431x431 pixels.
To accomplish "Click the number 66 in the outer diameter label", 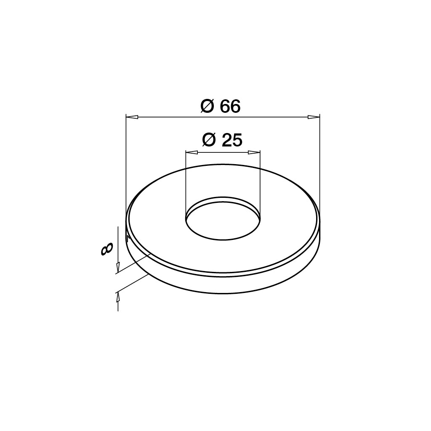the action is tap(230, 106).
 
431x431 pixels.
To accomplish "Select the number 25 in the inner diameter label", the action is tap(232, 140).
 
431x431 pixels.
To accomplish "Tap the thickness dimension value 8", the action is tap(106, 250).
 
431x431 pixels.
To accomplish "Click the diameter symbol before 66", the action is tap(207, 106).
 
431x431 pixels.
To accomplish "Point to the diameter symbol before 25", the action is tap(209, 140).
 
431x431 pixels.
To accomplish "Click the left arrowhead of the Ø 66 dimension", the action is tap(132, 117).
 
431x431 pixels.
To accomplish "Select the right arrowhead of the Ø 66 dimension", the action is tap(314, 117).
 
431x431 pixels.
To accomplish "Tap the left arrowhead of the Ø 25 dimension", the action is tap(192, 152).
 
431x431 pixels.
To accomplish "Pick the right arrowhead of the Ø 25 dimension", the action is tap(254, 152).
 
